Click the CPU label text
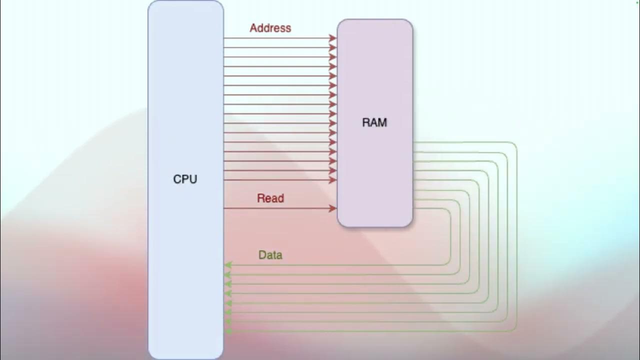pos(185,179)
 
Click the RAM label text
pos(374,122)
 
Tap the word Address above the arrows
pos(270,28)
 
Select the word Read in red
pos(270,198)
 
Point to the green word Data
pos(270,255)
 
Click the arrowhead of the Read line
pos(333,208)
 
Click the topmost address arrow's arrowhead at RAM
pos(333,38)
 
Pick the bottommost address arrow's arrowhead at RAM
pos(333,180)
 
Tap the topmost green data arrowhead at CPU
pos(228,265)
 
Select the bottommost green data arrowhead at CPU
pos(228,331)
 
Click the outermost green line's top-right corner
pos(515,144)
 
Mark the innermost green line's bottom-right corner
pos(449,263)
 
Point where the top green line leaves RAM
pos(413,142)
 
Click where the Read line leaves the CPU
pos(224,208)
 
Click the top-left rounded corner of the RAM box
pos(340,22)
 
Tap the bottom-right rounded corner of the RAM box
pos(410,224)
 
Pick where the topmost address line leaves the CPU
pos(224,38)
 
